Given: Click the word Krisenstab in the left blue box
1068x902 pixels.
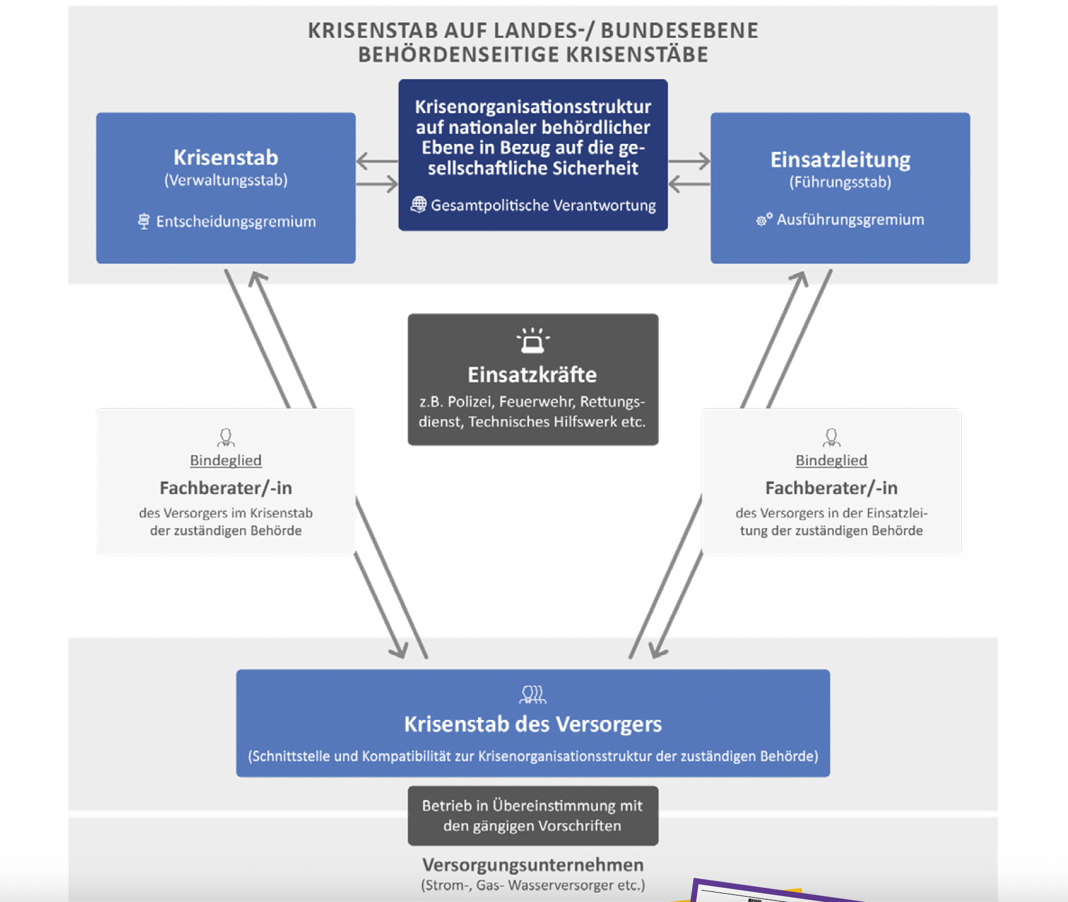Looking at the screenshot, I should tap(225, 157).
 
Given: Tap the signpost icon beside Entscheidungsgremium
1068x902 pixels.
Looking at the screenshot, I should tap(143, 221).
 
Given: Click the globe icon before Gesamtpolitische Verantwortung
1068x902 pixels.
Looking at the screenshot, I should tap(418, 205).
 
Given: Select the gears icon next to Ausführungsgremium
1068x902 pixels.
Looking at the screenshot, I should tap(764, 219).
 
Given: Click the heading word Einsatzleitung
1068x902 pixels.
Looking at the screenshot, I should tap(840, 160).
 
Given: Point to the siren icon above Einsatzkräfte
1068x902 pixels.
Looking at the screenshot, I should tap(533, 340).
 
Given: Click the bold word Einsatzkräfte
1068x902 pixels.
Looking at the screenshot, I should tap(532, 374).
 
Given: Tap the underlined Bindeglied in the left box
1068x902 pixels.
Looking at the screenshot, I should tap(225, 460).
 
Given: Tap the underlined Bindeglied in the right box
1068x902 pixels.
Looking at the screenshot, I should tap(831, 460).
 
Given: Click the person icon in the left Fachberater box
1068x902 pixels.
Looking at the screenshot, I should tap(225, 437).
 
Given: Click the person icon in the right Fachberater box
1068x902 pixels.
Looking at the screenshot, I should tap(831, 437).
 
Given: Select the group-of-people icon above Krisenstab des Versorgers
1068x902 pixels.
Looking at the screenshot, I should tap(532, 694).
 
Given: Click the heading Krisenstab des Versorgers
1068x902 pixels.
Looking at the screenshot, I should tap(532, 724).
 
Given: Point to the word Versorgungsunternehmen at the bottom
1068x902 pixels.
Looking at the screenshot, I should tap(532, 865).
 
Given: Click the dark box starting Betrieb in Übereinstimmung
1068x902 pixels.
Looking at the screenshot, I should tap(532, 815).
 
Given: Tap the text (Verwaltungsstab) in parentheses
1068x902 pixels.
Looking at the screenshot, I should tap(225, 180).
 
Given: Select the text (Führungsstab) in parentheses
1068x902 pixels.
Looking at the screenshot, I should tap(840, 182).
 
